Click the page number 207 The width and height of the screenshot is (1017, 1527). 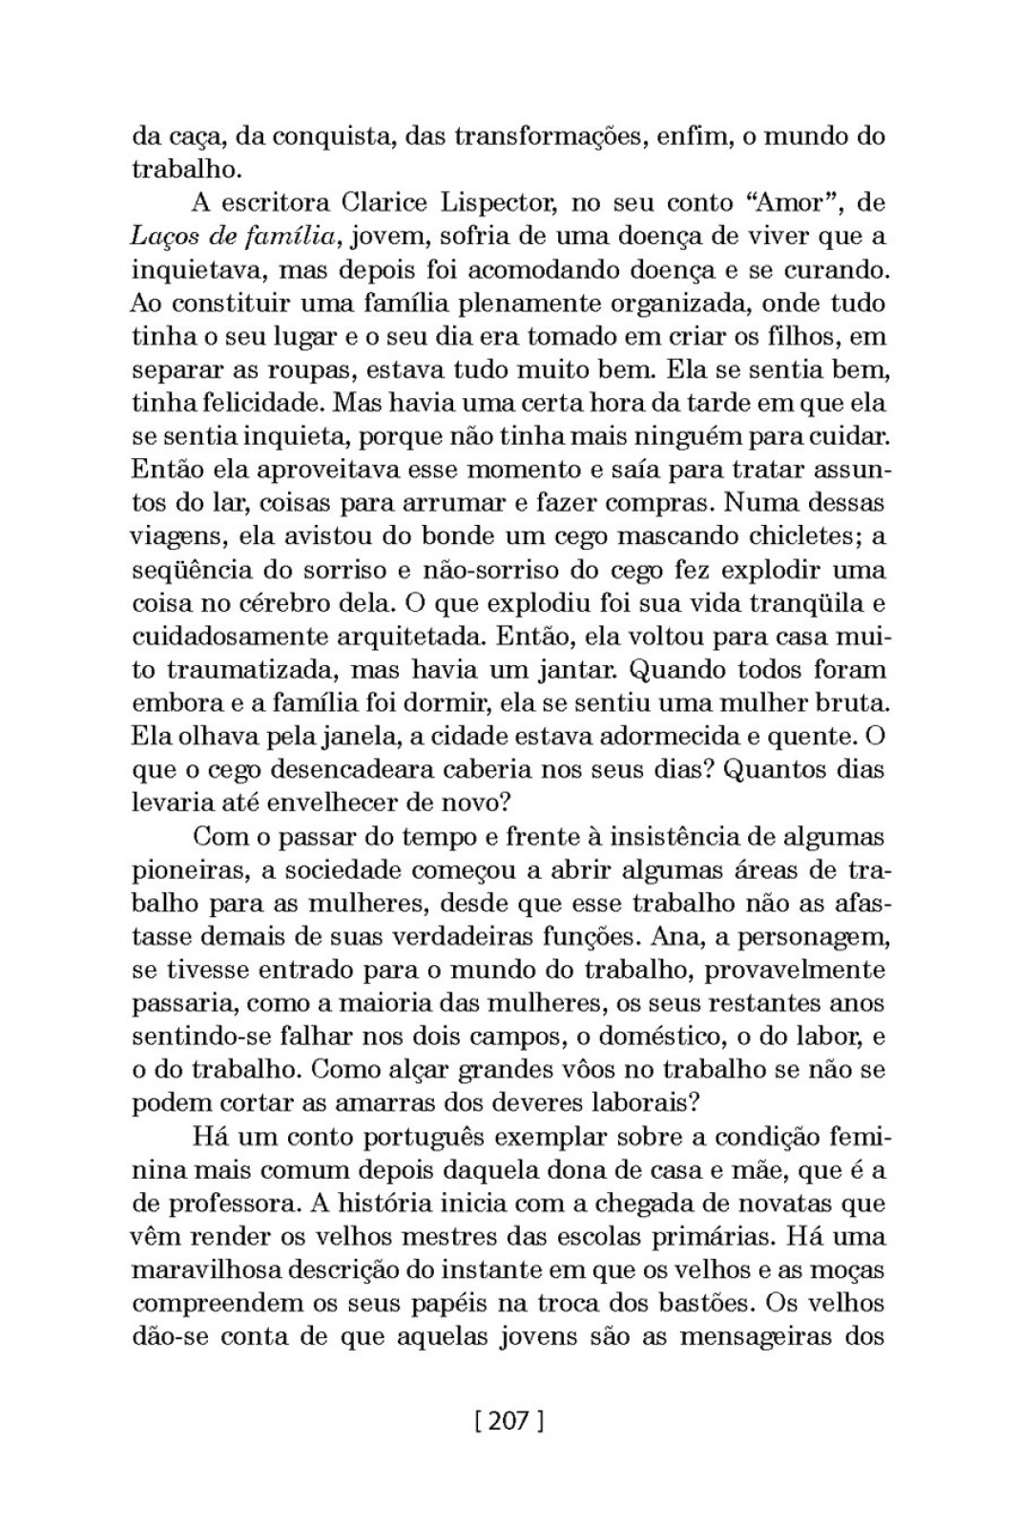pyautogui.click(x=508, y=1421)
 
